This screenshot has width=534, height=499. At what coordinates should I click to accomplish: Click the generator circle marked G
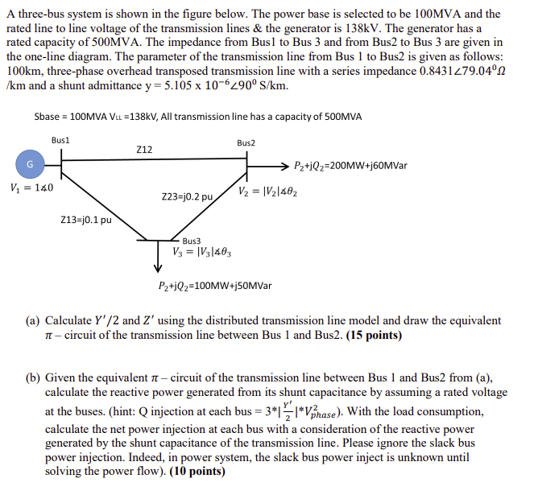pyautogui.click(x=30, y=164)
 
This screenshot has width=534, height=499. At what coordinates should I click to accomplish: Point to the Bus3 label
pyautogui.click(x=192, y=241)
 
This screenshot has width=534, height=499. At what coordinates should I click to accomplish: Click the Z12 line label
pyautogui.click(x=145, y=149)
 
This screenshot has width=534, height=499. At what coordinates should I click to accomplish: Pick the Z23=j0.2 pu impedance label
pyautogui.click(x=187, y=196)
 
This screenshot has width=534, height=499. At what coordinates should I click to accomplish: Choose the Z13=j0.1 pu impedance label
pyautogui.click(x=86, y=219)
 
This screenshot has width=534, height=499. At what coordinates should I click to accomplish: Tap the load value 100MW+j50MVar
pyautogui.click(x=215, y=286)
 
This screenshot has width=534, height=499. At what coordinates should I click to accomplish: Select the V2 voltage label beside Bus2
pyautogui.click(x=267, y=191)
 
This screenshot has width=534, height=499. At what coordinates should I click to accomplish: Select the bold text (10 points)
pyautogui.click(x=197, y=471)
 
